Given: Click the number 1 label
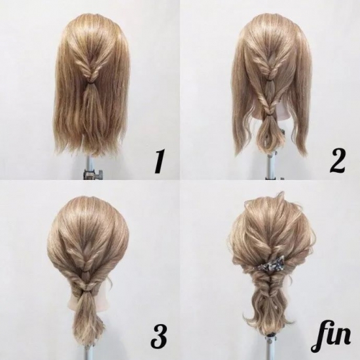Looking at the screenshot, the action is coord(160,162).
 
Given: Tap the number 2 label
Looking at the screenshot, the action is coord(337,162).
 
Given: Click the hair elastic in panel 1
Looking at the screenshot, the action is coord(92,81).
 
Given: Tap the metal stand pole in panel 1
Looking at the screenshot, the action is coord(90,167).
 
